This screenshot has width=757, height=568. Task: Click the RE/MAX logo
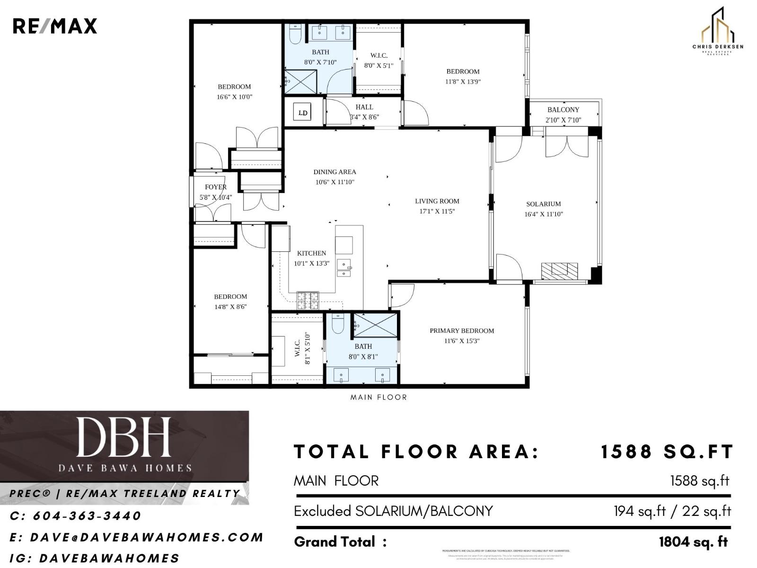(x=54, y=26)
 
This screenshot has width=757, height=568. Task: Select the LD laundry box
(x=303, y=113)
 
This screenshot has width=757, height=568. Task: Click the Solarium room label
(x=543, y=204)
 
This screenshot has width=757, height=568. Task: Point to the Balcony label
(x=563, y=109)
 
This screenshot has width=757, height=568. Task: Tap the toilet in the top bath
(x=295, y=34)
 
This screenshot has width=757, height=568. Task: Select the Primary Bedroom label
(x=461, y=331)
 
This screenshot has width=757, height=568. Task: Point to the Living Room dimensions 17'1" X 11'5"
(x=437, y=212)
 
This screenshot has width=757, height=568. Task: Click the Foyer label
(x=215, y=187)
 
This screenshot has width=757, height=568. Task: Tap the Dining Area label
(x=334, y=172)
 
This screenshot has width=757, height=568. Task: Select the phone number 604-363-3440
(x=87, y=515)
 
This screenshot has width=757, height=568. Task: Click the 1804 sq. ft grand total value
(x=693, y=542)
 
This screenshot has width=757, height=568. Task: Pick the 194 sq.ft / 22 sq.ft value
(x=672, y=511)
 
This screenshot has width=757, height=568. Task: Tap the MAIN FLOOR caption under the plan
(x=378, y=397)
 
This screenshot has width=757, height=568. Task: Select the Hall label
(x=364, y=107)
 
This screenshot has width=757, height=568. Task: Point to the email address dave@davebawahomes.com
(x=146, y=537)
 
